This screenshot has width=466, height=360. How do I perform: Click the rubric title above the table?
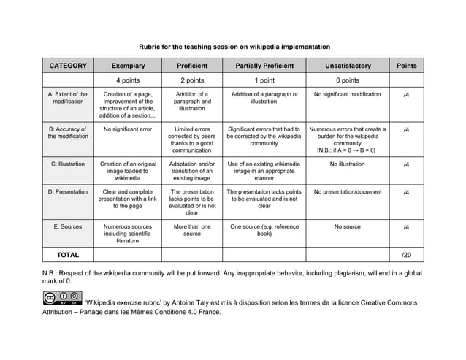tap(234, 46)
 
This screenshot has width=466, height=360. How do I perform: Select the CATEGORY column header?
tap(68, 66)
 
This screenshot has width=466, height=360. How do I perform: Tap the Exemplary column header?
tap(128, 66)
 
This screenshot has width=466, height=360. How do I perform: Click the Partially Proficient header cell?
tap(264, 66)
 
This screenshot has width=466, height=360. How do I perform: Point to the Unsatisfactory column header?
tap(347, 66)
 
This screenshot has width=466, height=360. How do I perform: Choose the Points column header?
tap(406, 66)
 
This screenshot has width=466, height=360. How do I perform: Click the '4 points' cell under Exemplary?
tap(128, 80)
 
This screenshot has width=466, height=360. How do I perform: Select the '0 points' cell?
tap(347, 80)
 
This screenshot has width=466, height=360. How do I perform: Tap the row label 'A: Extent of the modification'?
tap(68, 99)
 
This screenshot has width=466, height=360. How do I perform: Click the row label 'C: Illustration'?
tap(68, 164)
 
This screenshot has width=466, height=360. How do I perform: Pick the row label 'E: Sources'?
tap(68, 227)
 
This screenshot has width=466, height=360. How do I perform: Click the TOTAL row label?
tap(68, 255)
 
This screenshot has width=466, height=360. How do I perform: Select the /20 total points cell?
tap(406, 255)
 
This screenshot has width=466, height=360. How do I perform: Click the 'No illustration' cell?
tap(347, 164)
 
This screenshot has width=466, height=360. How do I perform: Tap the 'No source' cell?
tap(347, 227)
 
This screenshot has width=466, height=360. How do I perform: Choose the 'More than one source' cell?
tap(192, 231)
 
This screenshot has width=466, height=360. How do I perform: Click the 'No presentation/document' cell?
tap(347, 193)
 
